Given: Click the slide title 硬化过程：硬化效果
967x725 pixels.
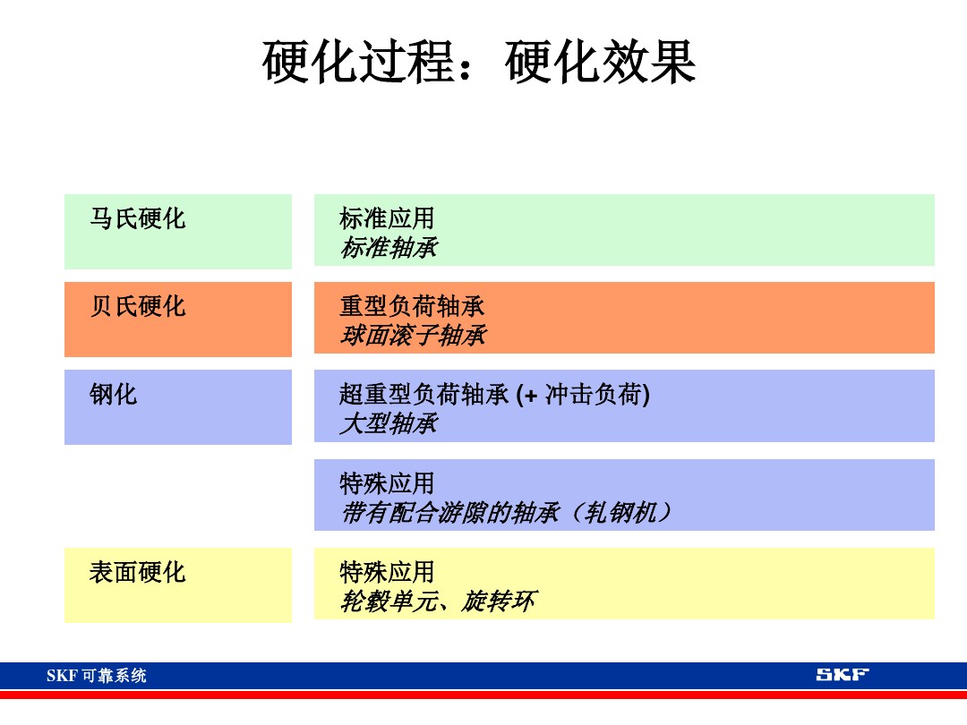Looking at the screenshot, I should (x=480, y=63).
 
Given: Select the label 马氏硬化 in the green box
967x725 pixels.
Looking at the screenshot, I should (x=138, y=218).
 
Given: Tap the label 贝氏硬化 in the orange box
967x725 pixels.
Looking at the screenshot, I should (x=138, y=306).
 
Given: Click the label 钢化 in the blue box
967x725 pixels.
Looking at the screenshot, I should (x=114, y=394).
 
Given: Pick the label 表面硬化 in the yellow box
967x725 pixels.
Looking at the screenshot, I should (x=138, y=572).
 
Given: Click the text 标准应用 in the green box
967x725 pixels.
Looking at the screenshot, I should (x=387, y=217).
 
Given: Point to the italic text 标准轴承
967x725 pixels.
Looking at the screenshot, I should (x=389, y=248).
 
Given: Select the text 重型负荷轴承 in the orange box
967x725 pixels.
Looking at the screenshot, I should (x=412, y=306).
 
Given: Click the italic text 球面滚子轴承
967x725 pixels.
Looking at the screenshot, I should (x=413, y=336).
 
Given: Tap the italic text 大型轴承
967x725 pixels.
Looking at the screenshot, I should (x=389, y=423).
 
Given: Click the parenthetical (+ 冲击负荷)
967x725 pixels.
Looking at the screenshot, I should (x=583, y=394).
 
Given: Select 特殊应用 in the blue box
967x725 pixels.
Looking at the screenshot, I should (x=387, y=483).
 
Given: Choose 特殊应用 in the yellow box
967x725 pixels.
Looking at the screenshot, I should (x=387, y=571).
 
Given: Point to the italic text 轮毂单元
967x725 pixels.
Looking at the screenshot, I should (x=389, y=601).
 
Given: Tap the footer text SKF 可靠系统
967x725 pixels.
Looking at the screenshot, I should (x=97, y=676).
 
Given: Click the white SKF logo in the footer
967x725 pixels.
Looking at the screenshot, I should (x=842, y=675).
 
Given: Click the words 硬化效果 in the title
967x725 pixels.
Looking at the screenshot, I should (x=601, y=63).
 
